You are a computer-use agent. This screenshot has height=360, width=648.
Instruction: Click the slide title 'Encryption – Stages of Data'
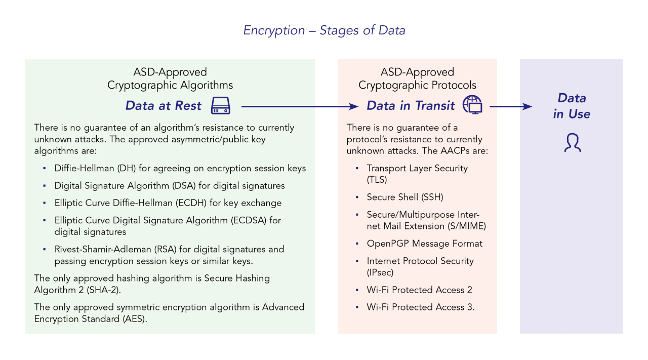pyautogui.click(x=324, y=30)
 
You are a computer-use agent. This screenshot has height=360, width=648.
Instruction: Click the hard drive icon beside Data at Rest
pyautogui.click(x=221, y=106)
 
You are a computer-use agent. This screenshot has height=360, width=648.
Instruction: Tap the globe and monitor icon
pyautogui.click(x=472, y=104)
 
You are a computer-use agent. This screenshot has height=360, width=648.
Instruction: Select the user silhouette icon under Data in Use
pyautogui.click(x=572, y=143)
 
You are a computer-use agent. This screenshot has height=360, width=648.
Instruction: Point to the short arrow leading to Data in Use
pyautogui.click(x=511, y=106)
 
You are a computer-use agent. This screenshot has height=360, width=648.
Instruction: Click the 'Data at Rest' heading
pyautogui.click(x=164, y=106)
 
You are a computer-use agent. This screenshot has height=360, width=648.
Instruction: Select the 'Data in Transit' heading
pyautogui.click(x=411, y=106)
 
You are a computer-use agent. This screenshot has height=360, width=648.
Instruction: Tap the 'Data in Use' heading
pyautogui.click(x=572, y=106)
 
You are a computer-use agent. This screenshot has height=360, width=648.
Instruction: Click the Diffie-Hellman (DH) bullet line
pyautogui.click(x=180, y=168)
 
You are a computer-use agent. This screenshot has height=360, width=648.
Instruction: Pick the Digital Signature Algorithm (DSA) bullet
pyautogui.click(x=170, y=186)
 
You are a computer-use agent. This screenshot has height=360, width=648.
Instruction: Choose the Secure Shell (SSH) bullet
pyautogui.click(x=405, y=197)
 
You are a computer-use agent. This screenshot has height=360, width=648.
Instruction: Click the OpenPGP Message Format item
pyautogui.click(x=425, y=244)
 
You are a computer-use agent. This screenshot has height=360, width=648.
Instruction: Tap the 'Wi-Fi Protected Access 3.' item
pyautogui.click(x=421, y=307)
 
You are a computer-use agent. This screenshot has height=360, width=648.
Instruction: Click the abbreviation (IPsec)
pyautogui.click(x=380, y=272)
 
